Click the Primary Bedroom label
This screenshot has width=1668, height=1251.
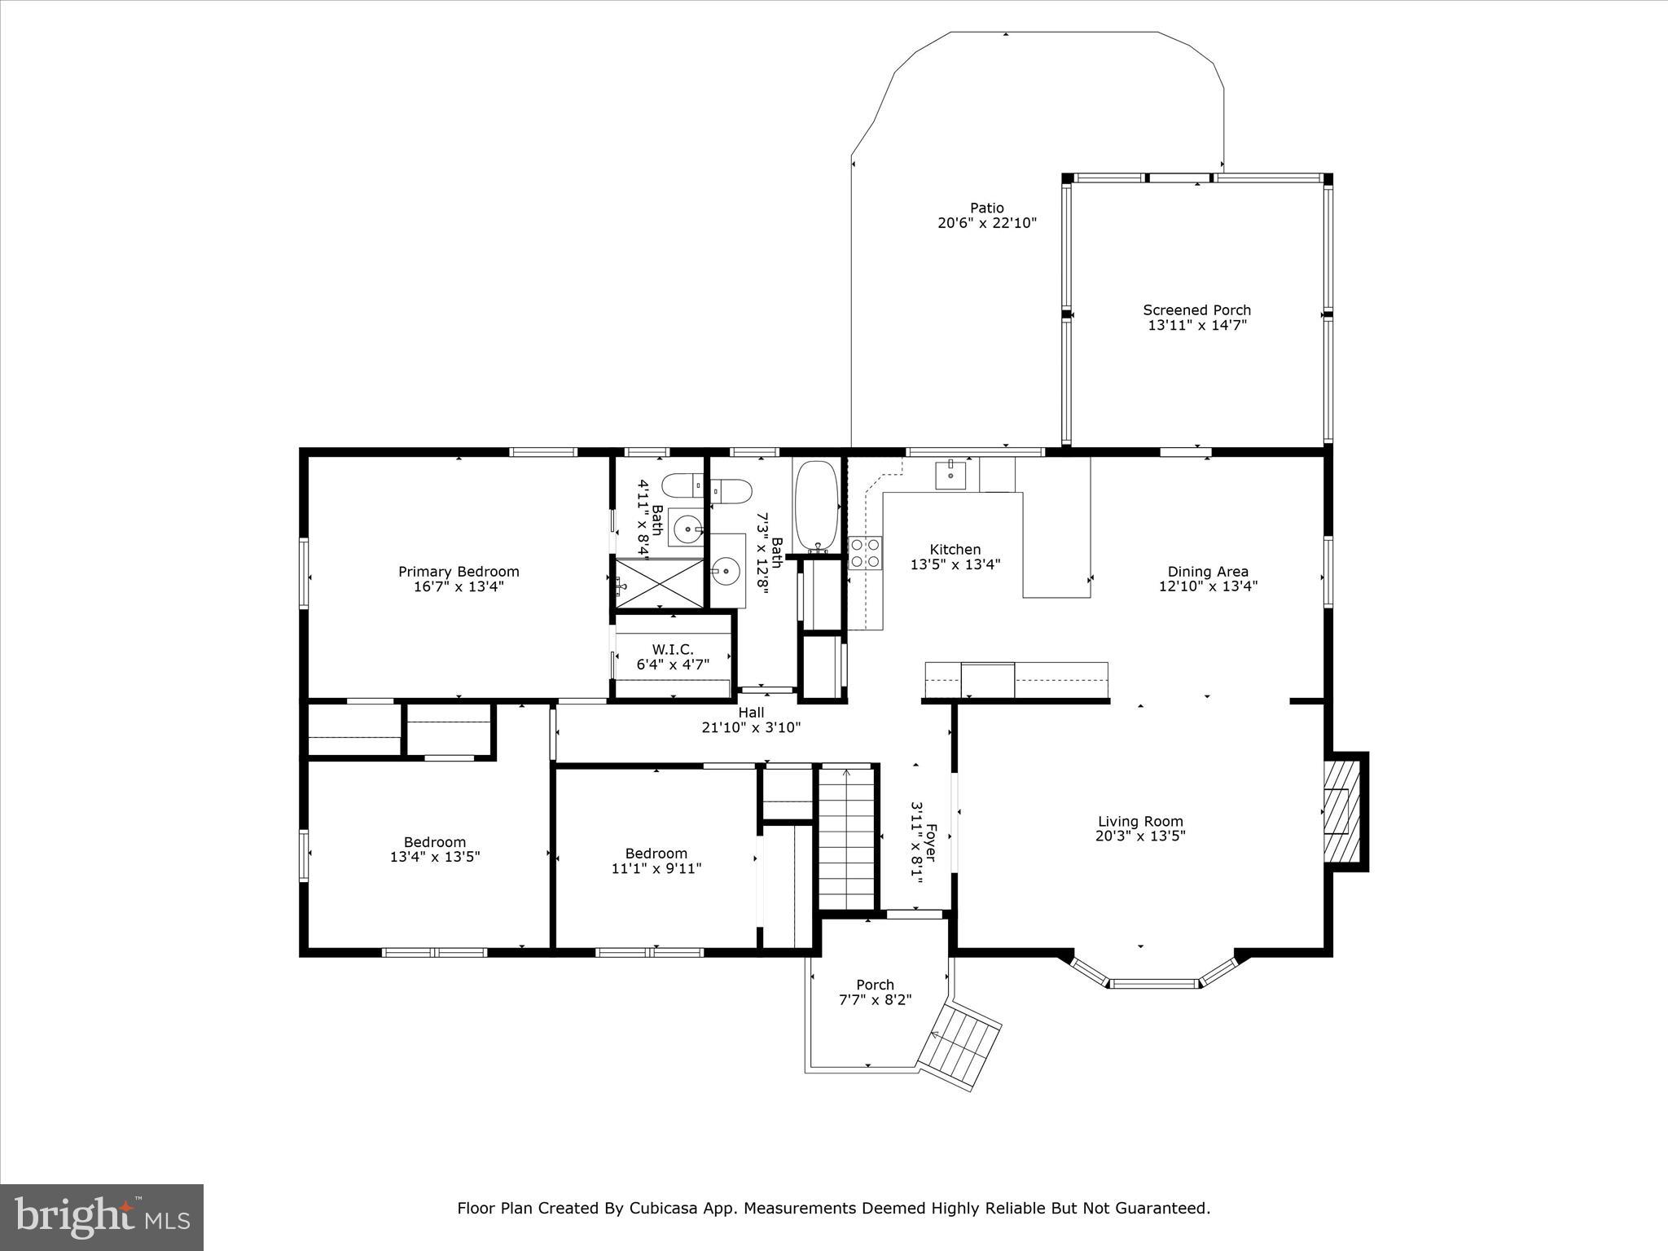(x=459, y=572)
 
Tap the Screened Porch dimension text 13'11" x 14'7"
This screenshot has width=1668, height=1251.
(x=1197, y=325)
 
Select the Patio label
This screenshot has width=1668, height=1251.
(x=986, y=208)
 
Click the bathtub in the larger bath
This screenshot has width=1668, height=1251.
(x=815, y=507)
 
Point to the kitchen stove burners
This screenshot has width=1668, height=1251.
(x=865, y=553)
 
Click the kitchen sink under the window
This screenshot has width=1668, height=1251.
(x=950, y=474)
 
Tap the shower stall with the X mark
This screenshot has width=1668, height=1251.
(x=658, y=582)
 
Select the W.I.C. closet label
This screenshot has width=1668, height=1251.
(x=673, y=649)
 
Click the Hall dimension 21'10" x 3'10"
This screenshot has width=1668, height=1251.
(x=751, y=727)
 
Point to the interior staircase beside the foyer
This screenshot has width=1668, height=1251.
(x=847, y=839)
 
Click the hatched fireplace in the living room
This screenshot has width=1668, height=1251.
(x=1341, y=811)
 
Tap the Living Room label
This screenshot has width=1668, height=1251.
(x=1140, y=822)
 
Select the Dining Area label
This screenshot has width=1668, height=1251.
(x=1208, y=572)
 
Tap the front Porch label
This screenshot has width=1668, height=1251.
(x=875, y=985)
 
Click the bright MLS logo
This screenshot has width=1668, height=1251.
(x=102, y=1218)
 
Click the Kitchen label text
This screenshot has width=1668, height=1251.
(x=955, y=550)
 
